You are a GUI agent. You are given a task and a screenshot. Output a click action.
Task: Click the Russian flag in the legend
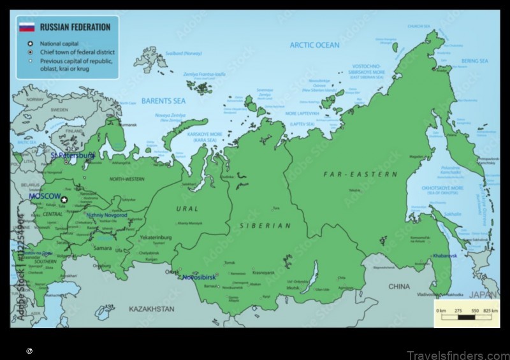pos(26,27)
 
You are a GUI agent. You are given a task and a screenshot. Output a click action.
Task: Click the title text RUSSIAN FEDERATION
pos(75,27)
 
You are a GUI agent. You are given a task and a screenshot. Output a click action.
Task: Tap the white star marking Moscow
pos(64,199)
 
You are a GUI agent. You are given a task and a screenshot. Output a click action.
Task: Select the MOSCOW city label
pos(44,196)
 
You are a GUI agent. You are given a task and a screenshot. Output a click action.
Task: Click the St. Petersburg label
pos(73,155)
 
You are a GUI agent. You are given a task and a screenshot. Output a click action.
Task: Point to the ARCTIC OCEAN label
pos(314,45)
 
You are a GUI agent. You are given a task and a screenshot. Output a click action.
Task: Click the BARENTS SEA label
pos(163,101)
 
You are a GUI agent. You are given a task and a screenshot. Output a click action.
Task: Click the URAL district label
pos(187,208)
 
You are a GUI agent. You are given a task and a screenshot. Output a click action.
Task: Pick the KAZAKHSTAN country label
pos(151,308)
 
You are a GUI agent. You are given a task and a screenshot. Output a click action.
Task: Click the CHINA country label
pos(399,287)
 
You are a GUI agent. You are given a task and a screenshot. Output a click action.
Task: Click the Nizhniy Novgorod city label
pos(106,215)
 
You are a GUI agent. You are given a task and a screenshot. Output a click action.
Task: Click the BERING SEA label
pos(474,61)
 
